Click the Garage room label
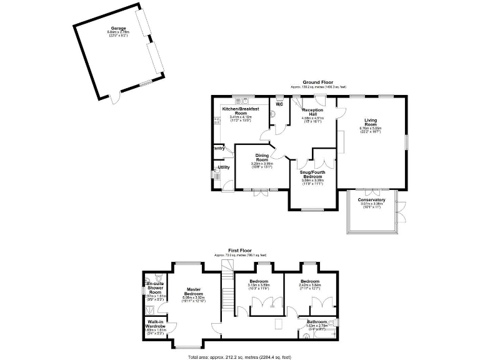[x=119, y=28]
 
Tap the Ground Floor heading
[x=317, y=82]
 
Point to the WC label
[x=280, y=104]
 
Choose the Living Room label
[x=371, y=122]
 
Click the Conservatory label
[x=371, y=200]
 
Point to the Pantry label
[x=219, y=148]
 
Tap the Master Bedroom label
[x=197, y=291]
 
